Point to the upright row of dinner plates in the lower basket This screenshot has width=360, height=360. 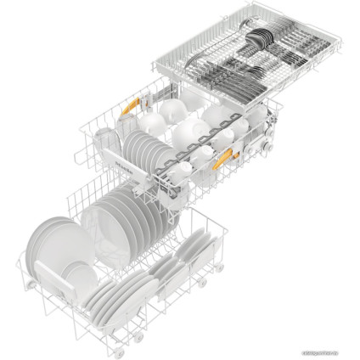pos(127,217)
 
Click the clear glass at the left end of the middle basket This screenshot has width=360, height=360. pos(104,136)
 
